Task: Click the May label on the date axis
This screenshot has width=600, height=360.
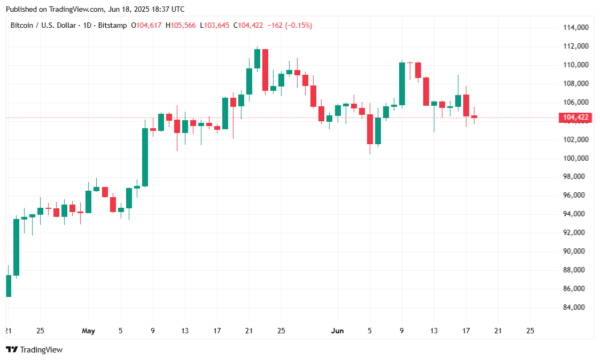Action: [x=88, y=331]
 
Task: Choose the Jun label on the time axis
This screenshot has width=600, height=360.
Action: [x=337, y=331]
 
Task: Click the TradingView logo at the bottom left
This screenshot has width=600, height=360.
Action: [x=34, y=350]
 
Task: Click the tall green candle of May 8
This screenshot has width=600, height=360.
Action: [x=145, y=157]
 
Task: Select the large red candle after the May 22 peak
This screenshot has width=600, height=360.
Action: [x=265, y=69]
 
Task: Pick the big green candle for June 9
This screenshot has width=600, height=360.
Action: [x=402, y=83]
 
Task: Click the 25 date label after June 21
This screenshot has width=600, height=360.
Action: [x=530, y=331]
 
